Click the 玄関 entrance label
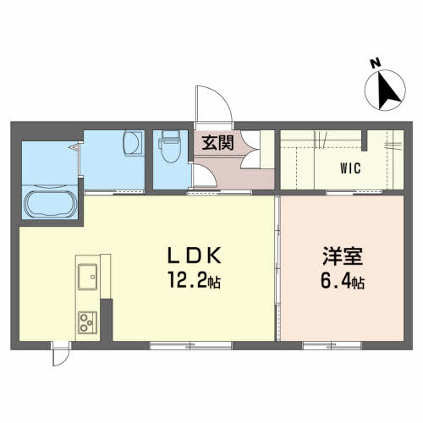tap(217, 143)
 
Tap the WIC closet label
tap(350, 168)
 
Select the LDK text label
tap(195, 255)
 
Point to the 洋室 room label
tap(343, 256)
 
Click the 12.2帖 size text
tap(195, 280)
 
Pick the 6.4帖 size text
tap(343, 280)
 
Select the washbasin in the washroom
tap(132, 143)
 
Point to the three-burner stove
tap(87, 322)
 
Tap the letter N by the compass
tap(376, 63)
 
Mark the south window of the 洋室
tap(332, 345)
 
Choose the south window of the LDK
tap(190, 345)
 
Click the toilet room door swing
tap(204, 175)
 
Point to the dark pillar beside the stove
tap(107, 320)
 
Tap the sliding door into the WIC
tap(354, 192)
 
